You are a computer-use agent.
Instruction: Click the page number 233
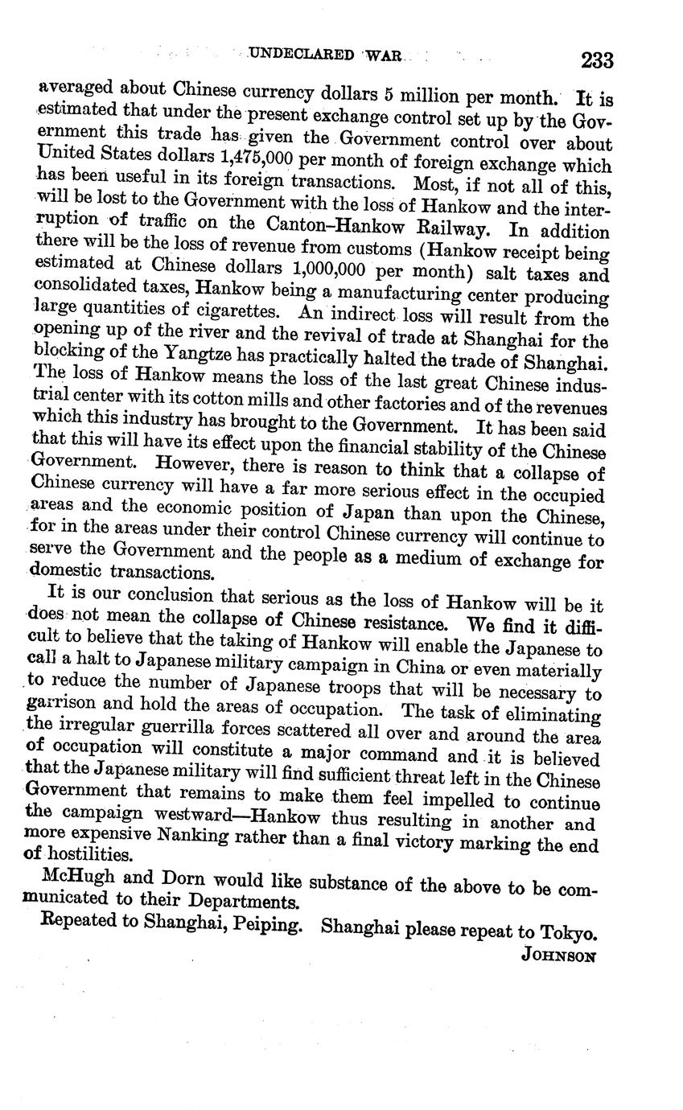pyautogui.click(x=596, y=60)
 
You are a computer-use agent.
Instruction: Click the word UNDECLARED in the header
pyautogui.click(x=301, y=54)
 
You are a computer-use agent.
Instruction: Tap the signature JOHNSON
pyautogui.click(x=558, y=956)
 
